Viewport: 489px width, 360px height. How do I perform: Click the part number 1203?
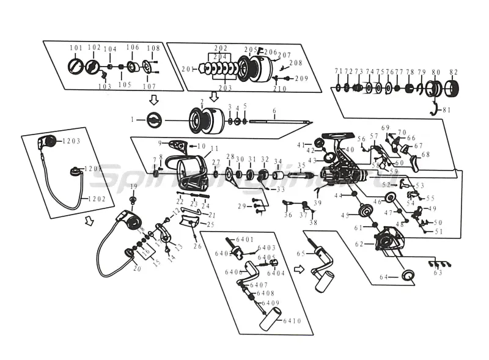[71, 141]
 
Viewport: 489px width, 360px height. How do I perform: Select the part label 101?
[75, 48]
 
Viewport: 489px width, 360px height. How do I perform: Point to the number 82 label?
[453, 72]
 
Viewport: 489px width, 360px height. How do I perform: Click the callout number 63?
[438, 273]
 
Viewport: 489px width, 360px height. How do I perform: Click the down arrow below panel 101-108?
[153, 100]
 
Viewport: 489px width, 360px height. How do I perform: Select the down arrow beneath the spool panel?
[214, 97]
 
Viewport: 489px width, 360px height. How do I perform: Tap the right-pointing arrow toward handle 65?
[298, 268]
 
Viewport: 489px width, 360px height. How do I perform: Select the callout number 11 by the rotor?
[214, 149]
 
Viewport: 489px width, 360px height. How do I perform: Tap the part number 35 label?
[301, 166]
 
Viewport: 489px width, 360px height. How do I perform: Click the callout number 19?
[134, 186]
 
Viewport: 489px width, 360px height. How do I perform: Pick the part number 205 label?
[249, 50]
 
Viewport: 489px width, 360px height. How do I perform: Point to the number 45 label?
[345, 215]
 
